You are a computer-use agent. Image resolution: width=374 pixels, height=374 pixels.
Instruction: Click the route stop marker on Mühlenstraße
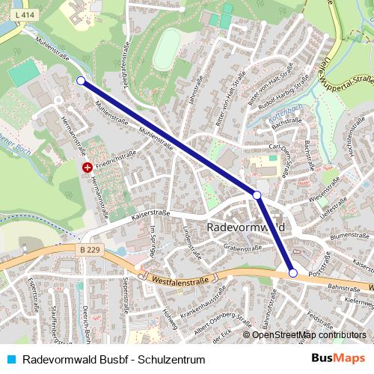tap(80, 81)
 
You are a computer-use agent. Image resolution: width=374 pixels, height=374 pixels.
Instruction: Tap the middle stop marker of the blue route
tap(257, 195)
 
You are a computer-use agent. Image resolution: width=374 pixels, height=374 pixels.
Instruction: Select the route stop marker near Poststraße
tap(293, 274)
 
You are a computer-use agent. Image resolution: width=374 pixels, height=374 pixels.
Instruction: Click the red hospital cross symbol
tap(88, 168)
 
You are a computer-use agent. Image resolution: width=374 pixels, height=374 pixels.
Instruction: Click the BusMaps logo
tap(338, 358)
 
